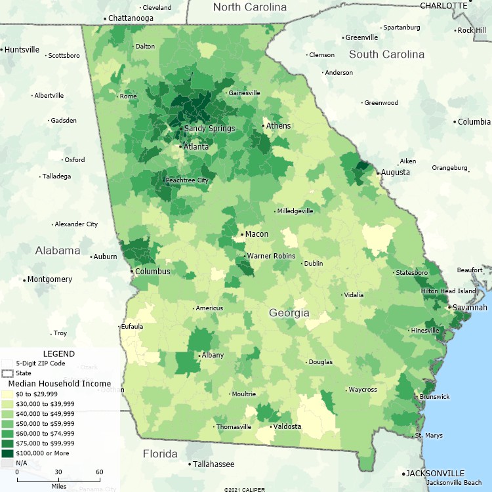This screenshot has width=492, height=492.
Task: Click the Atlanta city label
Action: point(196,147)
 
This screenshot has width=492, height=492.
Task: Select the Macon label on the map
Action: point(256,234)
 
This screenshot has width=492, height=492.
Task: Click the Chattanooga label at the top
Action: point(131,18)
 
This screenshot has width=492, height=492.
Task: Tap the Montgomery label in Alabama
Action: point(50,279)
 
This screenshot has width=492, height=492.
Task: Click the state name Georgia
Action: point(289,313)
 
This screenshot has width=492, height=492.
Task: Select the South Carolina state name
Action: point(386,54)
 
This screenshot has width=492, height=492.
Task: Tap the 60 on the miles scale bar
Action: point(99,472)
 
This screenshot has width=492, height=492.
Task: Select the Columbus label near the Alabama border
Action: point(153,272)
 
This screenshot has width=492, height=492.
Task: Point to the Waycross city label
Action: point(363,390)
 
